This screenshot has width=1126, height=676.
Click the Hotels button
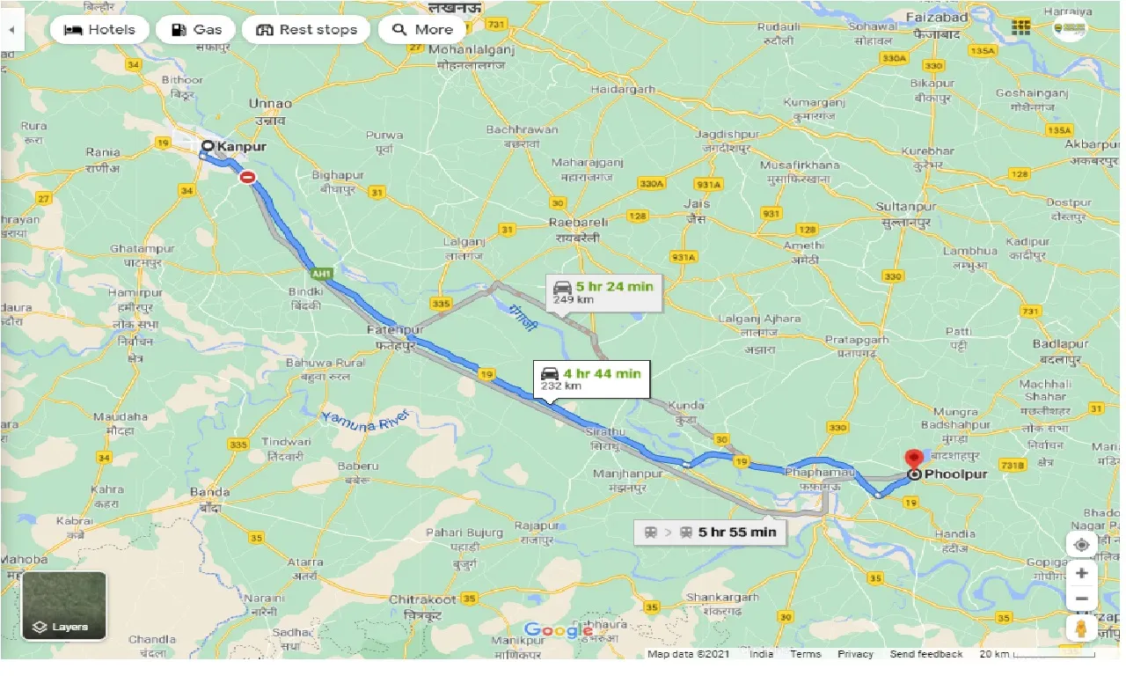coord(99,29)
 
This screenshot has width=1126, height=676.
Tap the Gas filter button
coord(195,29)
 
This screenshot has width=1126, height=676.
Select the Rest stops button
coord(306,29)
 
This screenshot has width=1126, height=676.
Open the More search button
coord(422,29)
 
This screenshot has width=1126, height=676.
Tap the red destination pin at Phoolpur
coord(915,459)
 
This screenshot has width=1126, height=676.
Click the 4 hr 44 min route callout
coord(591,378)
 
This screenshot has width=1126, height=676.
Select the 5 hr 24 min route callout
coord(603,292)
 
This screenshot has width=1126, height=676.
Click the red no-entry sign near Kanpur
coord(248,177)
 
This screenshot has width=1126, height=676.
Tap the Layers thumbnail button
coord(64,606)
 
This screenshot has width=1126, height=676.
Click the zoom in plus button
coord(1082,573)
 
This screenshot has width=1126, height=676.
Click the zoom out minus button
coord(1082,599)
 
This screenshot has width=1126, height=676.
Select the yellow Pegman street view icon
coord(1082,628)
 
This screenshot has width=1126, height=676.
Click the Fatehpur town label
coord(394,329)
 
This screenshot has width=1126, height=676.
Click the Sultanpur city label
coord(903,206)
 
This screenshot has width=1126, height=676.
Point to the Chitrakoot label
coord(422,599)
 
